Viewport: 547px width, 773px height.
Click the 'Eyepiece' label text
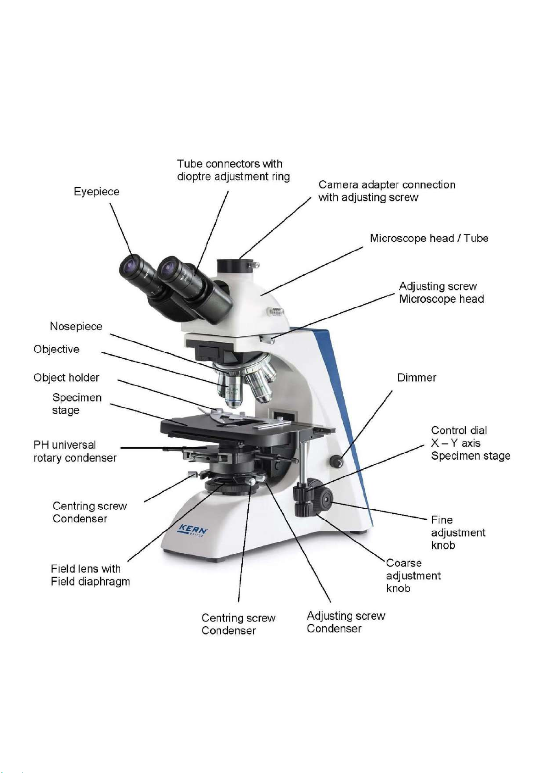(97, 192)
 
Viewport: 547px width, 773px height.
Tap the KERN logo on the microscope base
(192, 530)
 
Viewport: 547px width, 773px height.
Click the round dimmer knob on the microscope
(336, 461)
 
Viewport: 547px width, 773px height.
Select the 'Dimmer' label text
(417, 378)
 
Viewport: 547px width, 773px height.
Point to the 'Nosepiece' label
(76, 327)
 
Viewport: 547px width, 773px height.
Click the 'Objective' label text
(56, 349)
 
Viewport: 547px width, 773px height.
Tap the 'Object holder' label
(66, 378)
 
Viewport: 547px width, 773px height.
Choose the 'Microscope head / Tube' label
(429, 238)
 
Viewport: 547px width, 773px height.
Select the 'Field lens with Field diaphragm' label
(90, 575)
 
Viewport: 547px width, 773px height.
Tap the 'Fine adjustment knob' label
(458, 533)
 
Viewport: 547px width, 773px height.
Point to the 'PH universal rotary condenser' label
(75, 451)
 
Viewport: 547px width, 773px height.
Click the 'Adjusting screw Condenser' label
(346, 622)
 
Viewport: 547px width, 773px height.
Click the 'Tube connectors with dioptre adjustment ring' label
(233, 170)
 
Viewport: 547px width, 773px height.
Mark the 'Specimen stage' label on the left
(77, 404)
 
